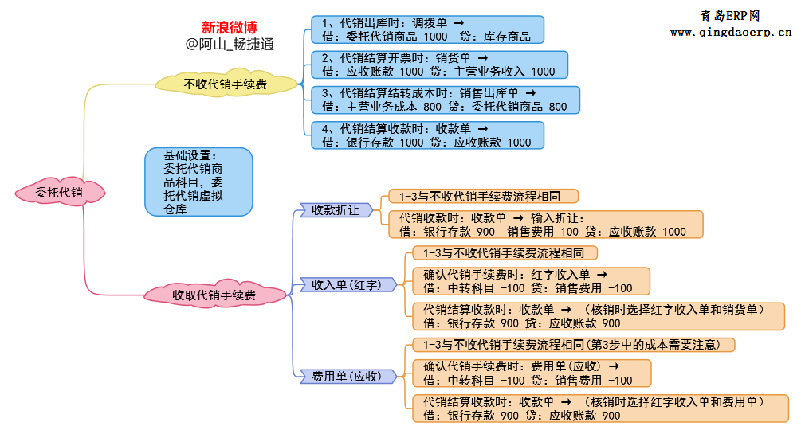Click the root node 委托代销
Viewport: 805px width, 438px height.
[x=59, y=192]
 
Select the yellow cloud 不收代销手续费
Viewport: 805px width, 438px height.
[x=226, y=82]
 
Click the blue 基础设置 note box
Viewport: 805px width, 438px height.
[x=198, y=182]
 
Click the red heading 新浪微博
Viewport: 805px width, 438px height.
[x=229, y=28]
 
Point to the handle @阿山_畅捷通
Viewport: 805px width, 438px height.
[x=230, y=45]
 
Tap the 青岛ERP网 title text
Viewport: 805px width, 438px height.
[x=730, y=15]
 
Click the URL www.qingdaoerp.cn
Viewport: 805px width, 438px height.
[x=731, y=33]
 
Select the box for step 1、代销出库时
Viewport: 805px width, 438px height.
[x=428, y=29]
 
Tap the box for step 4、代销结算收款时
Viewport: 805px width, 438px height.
[x=428, y=135]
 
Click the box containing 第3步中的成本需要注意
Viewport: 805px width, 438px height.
[x=572, y=345]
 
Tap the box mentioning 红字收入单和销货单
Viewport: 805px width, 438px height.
[x=599, y=316]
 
